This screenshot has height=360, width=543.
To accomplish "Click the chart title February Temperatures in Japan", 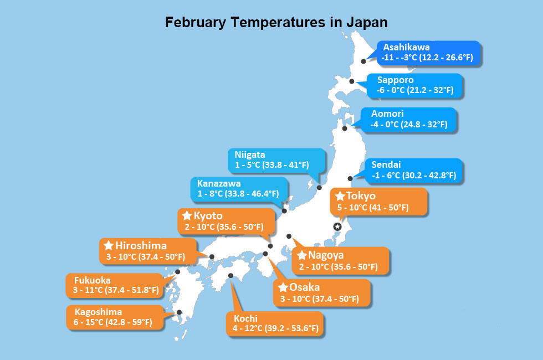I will [x=276, y=23].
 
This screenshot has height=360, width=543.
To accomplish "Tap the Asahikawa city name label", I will [x=406, y=47].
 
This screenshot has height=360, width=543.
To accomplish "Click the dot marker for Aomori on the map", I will [x=345, y=128].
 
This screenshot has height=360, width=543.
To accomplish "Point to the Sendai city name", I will [x=386, y=164].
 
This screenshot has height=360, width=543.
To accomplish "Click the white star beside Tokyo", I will [x=340, y=197].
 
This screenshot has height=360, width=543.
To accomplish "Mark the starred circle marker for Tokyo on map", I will [x=337, y=227].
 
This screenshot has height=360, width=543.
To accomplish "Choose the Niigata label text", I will [x=249, y=155].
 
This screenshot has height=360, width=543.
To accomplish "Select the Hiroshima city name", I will [x=141, y=245].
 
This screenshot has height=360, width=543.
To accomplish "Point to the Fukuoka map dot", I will [x=178, y=272].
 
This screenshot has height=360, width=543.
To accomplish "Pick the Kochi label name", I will [x=245, y=318].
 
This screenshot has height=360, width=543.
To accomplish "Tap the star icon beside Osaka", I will [x=283, y=287].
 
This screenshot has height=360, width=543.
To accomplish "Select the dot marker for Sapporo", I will [x=352, y=81].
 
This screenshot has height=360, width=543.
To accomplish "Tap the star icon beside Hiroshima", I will [x=109, y=245].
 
